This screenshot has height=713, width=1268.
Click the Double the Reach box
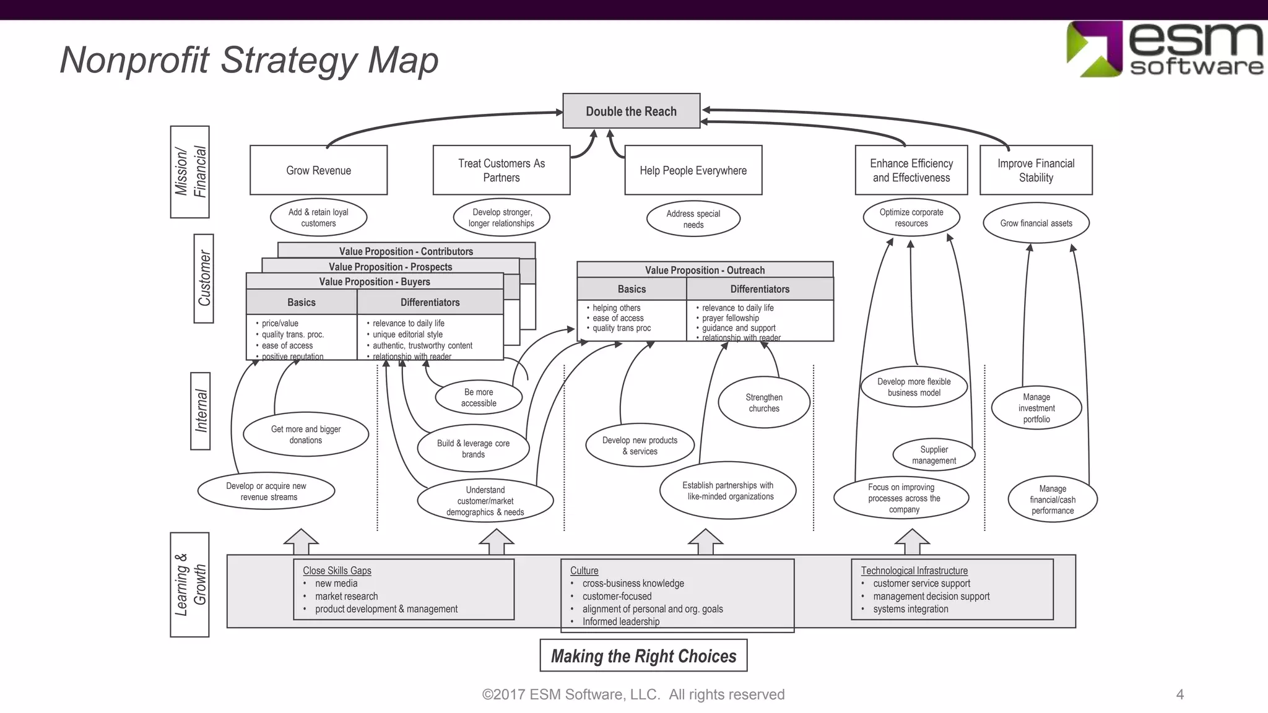click(x=631, y=111)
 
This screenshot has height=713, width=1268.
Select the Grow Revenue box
click(x=318, y=170)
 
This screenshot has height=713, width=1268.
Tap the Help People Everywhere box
click(x=693, y=170)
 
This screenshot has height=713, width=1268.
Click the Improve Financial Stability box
click(x=1036, y=170)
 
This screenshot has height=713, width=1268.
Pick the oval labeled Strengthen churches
click(x=763, y=403)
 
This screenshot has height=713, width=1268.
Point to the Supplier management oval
click(x=934, y=455)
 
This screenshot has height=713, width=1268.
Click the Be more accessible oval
click(x=479, y=397)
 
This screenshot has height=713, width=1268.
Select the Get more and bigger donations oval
click(x=306, y=434)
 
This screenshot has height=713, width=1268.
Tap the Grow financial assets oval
click(x=1036, y=223)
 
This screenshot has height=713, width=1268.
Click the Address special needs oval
click(x=693, y=219)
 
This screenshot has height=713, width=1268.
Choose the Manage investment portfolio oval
click(x=1036, y=408)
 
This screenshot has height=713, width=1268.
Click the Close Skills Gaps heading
click(x=337, y=571)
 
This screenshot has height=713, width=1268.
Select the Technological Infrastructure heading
click(x=914, y=571)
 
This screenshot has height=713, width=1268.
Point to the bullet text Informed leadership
click(x=620, y=621)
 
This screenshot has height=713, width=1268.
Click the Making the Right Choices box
click(x=643, y=656)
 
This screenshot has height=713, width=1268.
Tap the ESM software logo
click(x=1164, y=50)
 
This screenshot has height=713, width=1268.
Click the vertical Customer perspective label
click(x=204, y=279)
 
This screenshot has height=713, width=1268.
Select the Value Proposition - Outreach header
click(x=705, y=270)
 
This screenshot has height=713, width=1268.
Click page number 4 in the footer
click(x=1179, y=694)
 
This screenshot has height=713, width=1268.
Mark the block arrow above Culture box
click(x=705, y=542)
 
